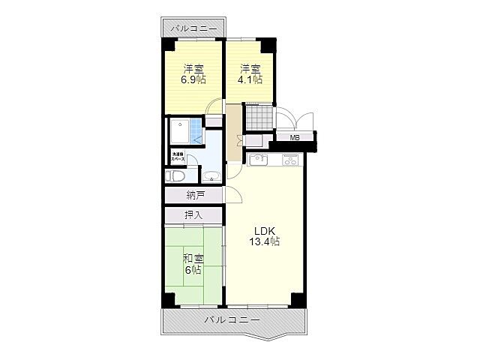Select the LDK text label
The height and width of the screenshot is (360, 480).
(x=264, y=230)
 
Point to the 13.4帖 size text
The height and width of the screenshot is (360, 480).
(x=265, y=241)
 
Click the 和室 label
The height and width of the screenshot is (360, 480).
(x=193, y=259)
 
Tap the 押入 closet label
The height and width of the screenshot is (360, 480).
(x=193, y=215)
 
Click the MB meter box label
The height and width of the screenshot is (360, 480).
(x=295, y=138)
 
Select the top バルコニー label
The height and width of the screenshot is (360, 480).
(x=193, y=28)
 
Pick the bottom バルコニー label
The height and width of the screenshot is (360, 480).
(x=232, y=319)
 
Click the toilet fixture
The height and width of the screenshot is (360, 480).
(x=174, y=177)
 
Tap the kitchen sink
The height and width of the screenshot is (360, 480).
(x=260, y=159)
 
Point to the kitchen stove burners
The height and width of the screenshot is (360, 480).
(x=290, y=159)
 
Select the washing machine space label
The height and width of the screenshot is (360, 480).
(x=178, y=157)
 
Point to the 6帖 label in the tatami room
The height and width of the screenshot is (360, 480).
(x=193, y=270)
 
